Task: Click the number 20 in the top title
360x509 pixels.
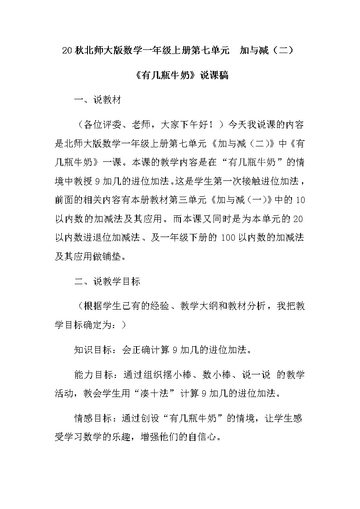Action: pos(66,50)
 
